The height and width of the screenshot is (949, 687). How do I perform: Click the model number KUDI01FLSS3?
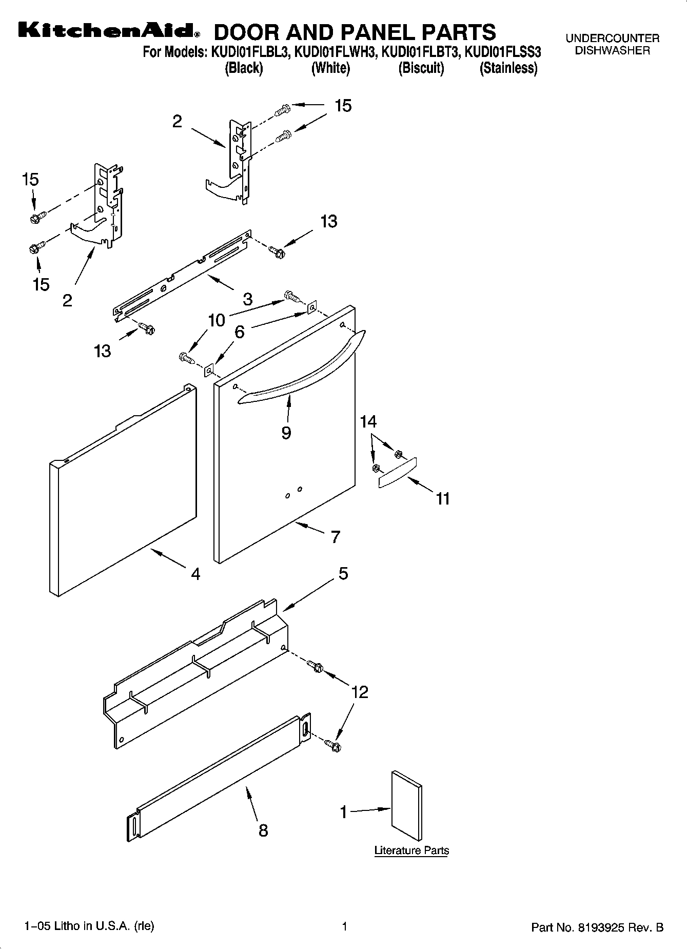click(502, 53)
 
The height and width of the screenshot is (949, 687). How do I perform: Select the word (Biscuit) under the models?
click(421, 68)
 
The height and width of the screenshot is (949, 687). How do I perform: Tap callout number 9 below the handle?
click(286, 433)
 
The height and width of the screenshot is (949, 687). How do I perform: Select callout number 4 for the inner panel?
click(195, 574)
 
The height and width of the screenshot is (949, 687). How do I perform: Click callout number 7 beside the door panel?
click(335, 537)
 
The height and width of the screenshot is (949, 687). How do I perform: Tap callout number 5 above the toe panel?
click(343, 573)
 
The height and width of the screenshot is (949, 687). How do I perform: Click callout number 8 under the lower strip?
click(263, 830)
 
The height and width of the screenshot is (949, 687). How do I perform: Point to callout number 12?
click(360, 692)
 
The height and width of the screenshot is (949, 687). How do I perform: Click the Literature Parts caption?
click(411, 850)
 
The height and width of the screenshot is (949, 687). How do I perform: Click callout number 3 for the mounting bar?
click(247, 299)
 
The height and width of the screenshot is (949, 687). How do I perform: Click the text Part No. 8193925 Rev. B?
click(597, 927)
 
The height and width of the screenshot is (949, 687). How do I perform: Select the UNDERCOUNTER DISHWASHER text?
click(612, 44)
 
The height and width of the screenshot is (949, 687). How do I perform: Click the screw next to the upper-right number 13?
click(277, 251)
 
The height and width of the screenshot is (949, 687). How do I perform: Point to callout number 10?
click(217, 320)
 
